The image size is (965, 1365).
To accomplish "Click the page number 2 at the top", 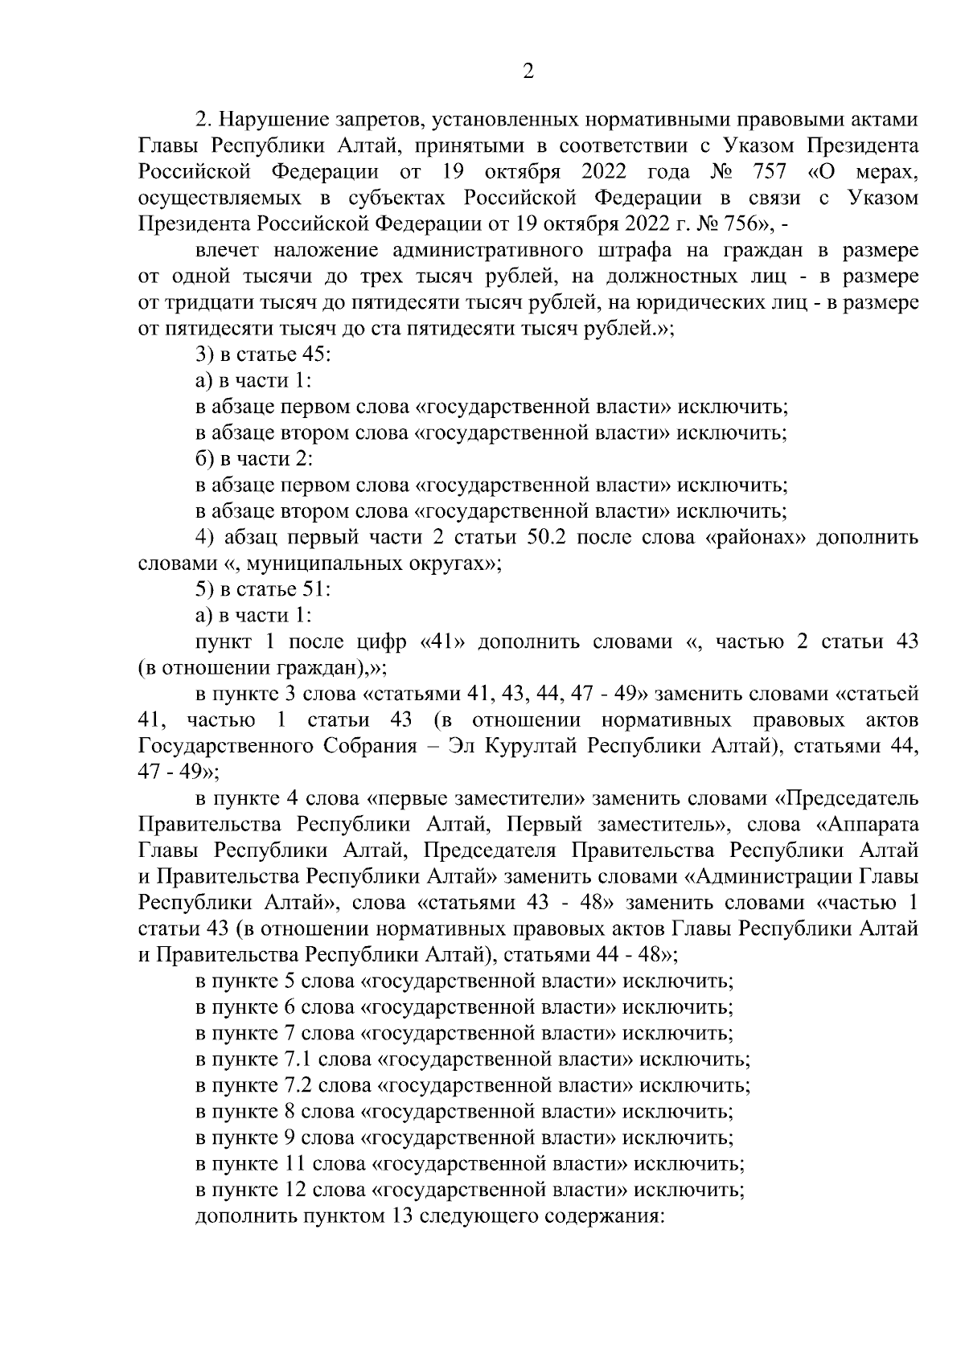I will click(528, 72).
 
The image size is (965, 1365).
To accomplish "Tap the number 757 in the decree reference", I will click(767, 172).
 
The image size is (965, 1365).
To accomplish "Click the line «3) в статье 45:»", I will click(258, 355).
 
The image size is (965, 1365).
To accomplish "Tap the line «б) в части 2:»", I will click(254, 459).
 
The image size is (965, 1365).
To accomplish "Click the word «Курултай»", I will click(537, 745).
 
